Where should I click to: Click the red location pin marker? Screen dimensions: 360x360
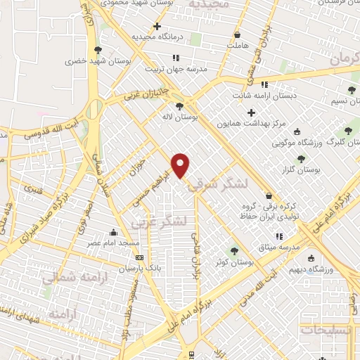pyautogui.click(x=181, y=165)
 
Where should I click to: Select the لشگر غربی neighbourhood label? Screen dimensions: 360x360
pyautogui.click(x=159, y=222)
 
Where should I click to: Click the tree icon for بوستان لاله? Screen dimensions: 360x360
pyautogui.click(x=180, y=106)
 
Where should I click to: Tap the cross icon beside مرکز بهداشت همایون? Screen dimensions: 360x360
pyautogui.click(x=251, y=112)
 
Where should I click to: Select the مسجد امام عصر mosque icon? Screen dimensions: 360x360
pyautogui.click(x=114, y=233)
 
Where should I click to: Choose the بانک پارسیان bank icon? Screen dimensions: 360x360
pyautogui.click(x=139, y=257)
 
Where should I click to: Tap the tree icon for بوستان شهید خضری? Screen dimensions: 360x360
pyautogui.click(x=97, y=50)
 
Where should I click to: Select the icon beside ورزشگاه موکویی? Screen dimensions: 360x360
pyautogui.click(x=296, y=131)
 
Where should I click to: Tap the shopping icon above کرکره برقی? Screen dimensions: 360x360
pyautogui.click(x=269, y=195)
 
